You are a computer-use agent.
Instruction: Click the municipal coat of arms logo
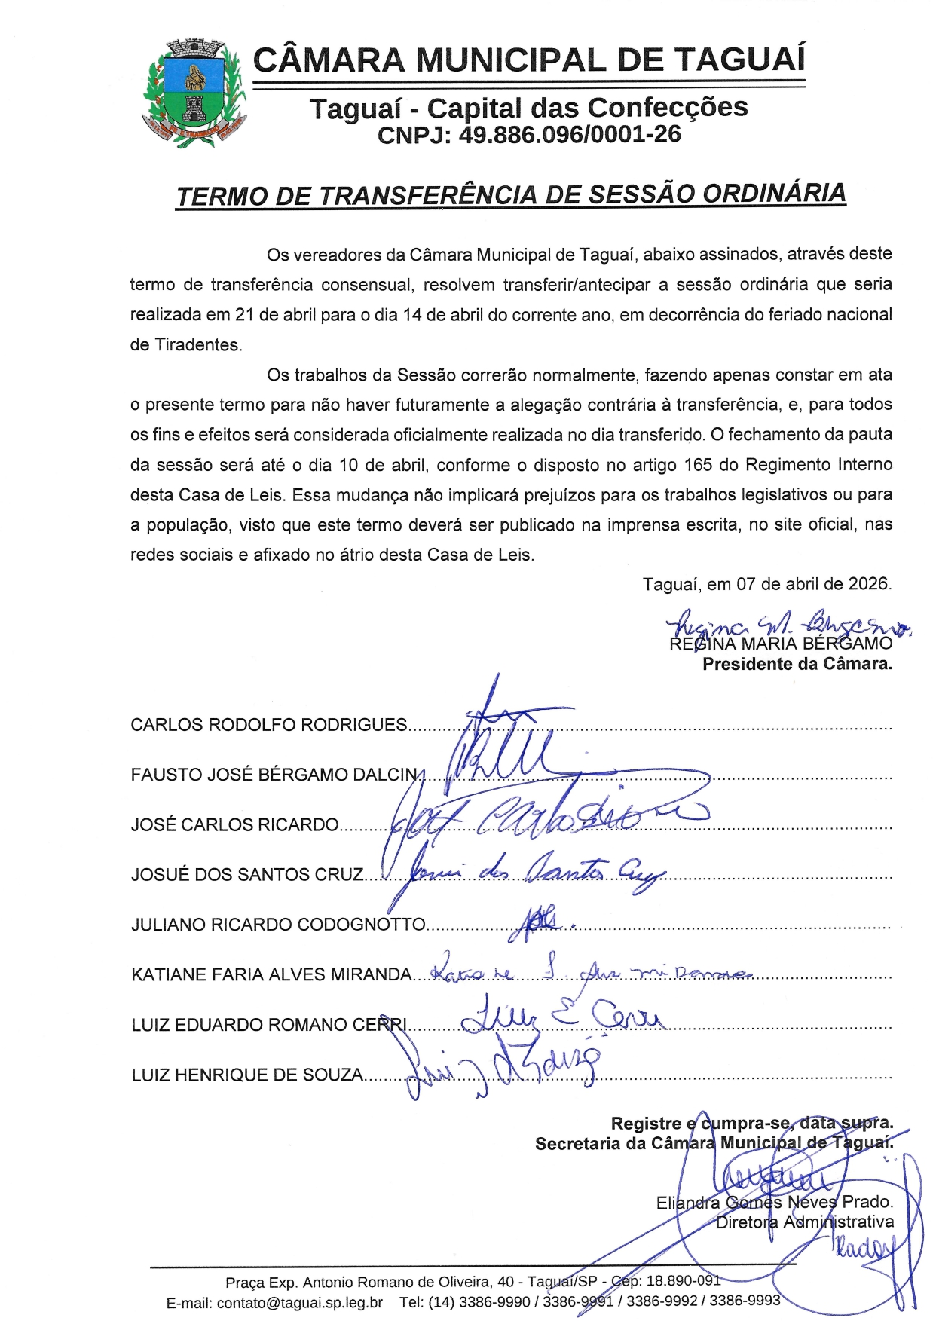[x=194, y=93]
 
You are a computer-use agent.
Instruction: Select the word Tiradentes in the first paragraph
[x=197, y=345]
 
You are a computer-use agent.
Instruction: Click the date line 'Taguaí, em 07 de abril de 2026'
[x=766, y=584]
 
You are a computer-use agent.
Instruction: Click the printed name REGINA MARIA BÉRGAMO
[x=781, y=644]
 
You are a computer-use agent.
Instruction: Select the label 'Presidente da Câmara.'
[x=797, y=665]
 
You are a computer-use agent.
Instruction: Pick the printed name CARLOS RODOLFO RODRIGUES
[x=268, y=725]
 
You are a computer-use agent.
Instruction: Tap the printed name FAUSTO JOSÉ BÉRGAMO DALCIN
[x=274, y=775]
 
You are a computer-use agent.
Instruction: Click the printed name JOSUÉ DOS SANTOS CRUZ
[x=247, y=875]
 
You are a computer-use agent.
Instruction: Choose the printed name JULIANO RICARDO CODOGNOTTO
[x=278, y=925]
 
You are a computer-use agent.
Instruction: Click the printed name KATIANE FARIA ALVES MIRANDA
[x=271, y=975]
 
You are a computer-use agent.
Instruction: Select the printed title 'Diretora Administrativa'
[x=804, y=1222]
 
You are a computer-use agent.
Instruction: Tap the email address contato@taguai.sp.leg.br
[x=299, y=1302]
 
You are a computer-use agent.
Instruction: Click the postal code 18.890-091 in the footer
[x=683, y=1281]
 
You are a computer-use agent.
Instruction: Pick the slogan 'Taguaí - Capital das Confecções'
[x=528, y=109]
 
